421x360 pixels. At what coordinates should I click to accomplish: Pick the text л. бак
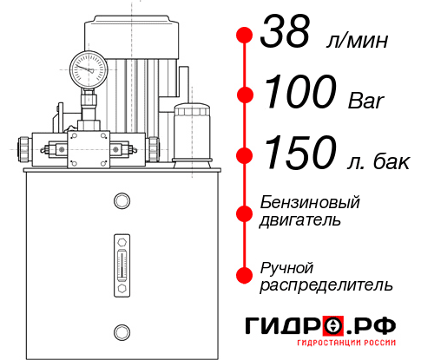[x=373, y=160]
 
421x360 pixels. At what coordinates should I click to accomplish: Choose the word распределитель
[x=327, y=284]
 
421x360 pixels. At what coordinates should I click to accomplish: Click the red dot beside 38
[x=245, y=36]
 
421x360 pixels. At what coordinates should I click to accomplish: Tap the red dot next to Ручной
[x=245, y=274]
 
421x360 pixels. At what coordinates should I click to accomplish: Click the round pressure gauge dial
[x=89, y=67]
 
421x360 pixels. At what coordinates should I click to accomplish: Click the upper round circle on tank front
[x=121, y=202]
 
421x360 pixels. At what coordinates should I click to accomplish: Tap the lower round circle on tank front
[x=121, y=330]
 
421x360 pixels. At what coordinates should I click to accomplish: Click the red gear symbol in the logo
[x=333, y=325]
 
